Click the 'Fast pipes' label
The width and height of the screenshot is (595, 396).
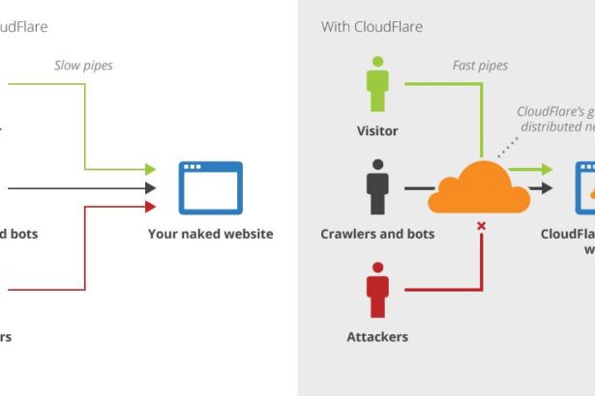pyautogui.click(x=480, y=66)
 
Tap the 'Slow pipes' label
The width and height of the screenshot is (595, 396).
pyautogui.click(x=82, y=66)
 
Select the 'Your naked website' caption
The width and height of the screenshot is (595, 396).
pyautogui.click(x=210, y=234)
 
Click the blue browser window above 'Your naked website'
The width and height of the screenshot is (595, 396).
pyautogui.click(x=210, y=187)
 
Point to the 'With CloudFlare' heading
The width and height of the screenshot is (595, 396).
pyautogui.click(x=372, y=27)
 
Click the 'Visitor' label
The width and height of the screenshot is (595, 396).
pyautogui.click(x=377, y=130)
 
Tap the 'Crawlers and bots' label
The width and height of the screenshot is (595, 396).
pyautogui.click(x=377, y=234)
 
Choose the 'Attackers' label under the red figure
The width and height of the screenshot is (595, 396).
pyautogui.click(x=377, y=337)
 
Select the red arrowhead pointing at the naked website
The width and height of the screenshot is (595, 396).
pyautogui.click(x=150, y=206)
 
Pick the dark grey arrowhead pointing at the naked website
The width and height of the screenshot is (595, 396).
pyautogui.click(x=150, y=187)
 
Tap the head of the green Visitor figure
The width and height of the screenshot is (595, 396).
pyautogui.click(x=377, y=63)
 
